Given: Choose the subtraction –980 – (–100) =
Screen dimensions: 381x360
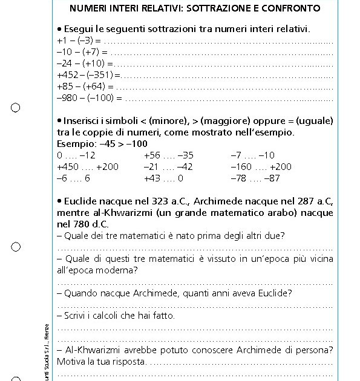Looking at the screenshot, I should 89,97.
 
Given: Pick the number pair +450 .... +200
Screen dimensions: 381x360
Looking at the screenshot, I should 88,166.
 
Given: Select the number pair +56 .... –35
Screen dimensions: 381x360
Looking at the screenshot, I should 169,155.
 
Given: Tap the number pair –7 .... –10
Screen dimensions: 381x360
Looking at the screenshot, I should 252,155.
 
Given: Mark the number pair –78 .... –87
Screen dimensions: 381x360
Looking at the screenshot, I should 255,178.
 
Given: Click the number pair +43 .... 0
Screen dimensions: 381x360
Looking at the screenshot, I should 163,178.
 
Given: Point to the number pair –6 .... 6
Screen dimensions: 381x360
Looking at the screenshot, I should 73,178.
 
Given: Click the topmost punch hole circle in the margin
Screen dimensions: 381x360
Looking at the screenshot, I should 16,108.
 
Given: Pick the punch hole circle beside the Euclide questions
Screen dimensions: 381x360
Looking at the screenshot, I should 16,247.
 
